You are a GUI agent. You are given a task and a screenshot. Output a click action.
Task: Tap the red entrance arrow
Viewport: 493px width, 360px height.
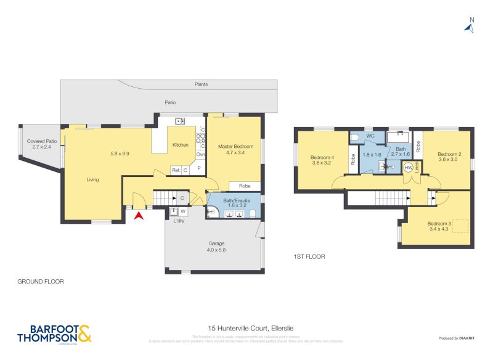pos(139,215)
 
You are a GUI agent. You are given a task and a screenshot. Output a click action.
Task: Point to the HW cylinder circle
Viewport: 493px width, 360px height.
pos(408,167)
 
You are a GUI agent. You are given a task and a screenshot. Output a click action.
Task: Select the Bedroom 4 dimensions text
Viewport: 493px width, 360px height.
pos(323,163)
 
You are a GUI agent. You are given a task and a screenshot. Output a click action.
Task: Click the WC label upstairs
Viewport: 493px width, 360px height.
pos(370,135)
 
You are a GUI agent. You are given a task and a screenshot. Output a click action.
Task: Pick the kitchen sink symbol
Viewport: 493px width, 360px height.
pos(181,121)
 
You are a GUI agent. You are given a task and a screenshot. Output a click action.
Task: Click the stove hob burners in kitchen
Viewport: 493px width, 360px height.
pos(201,138)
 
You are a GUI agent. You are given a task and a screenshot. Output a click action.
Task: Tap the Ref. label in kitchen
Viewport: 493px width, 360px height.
pos(176,170)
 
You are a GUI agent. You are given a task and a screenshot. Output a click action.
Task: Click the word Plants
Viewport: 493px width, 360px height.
pos(201,84)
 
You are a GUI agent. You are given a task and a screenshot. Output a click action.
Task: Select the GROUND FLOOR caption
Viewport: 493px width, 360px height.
pos(41,281)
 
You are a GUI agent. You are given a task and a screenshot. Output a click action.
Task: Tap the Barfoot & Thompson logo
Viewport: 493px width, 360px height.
pos(54,333)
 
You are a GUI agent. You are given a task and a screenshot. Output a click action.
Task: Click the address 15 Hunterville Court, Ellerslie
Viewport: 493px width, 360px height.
pos(245,330)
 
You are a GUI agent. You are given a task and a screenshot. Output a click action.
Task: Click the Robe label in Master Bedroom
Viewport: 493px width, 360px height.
pos(244,185)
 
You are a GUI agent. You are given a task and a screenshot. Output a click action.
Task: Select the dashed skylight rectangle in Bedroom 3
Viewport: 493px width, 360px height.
pos(460,226)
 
